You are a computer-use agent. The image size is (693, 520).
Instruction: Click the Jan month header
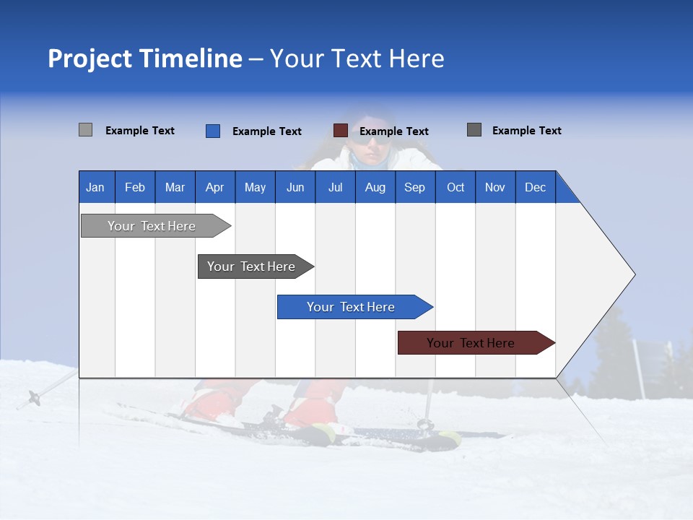(95, 188)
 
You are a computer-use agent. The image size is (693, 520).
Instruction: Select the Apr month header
(215, 188)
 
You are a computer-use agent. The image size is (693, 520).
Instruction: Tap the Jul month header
(335, 188)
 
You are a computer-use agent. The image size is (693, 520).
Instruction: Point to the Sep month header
(414, 188)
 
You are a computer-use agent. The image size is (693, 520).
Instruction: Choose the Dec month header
(535, 188)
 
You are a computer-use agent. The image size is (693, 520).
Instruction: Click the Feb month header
(135, 188)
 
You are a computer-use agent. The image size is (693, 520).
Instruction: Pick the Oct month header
(456, 188)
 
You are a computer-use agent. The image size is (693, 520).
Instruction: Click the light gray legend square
(86, 130)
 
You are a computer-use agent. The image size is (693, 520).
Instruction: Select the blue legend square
(213, 131)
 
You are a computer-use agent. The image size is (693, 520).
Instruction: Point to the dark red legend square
(341, 131)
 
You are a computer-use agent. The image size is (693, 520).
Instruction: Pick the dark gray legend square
(474, 130)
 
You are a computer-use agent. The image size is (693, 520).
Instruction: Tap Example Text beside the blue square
(267, 131)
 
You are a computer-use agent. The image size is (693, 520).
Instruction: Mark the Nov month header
(495, 188)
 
